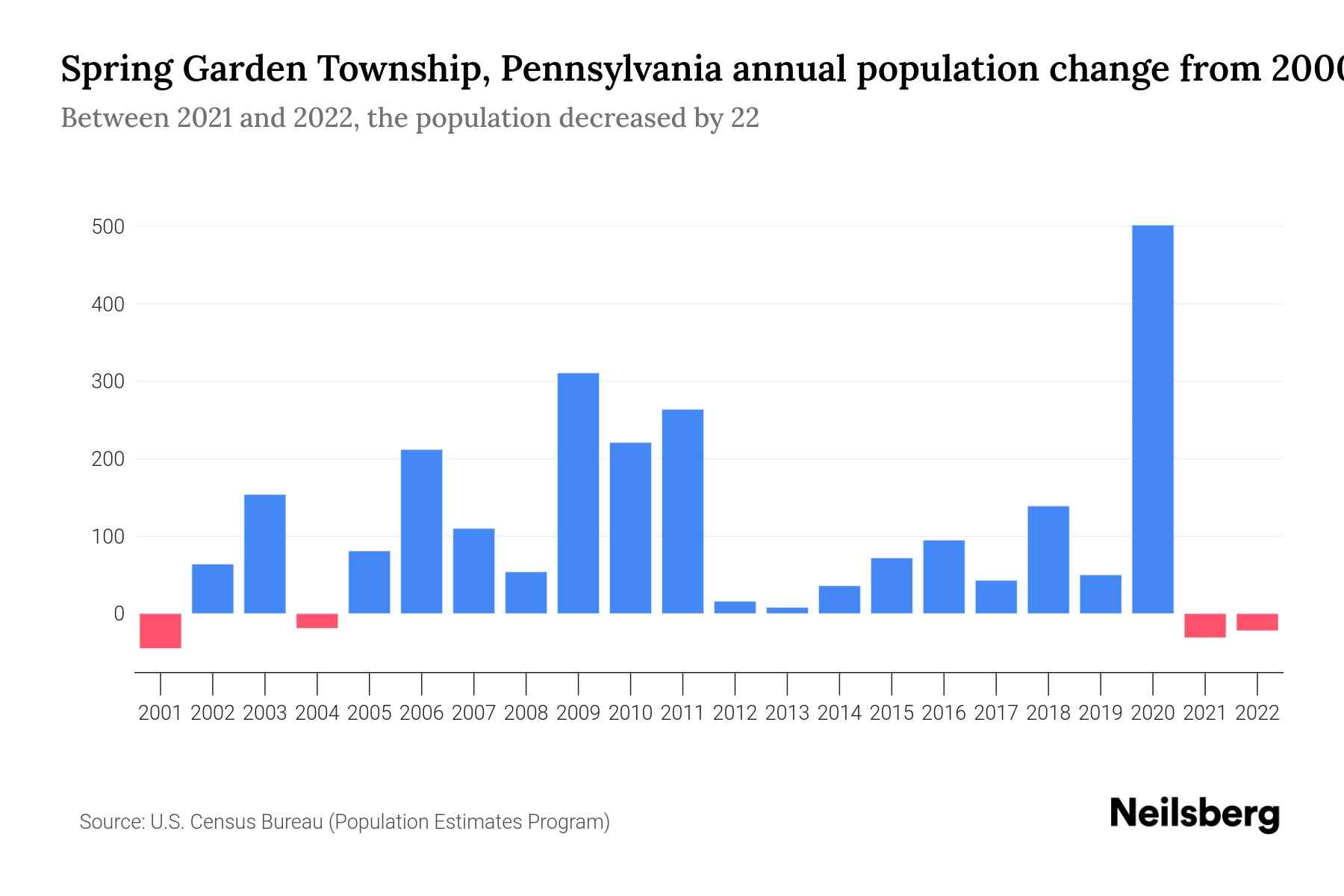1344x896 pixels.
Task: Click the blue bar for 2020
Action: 1152,419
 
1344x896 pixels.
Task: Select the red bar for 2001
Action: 161,630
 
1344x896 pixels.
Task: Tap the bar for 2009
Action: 578,493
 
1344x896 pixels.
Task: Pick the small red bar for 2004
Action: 317,620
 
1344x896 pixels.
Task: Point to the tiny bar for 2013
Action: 787,610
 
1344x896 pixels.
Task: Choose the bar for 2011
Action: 682,511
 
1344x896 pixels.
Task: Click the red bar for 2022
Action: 1257,622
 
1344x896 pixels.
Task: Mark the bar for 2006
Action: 421,531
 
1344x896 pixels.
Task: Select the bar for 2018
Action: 1048,559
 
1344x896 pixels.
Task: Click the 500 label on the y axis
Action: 108,227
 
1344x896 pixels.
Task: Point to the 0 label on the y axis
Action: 119,614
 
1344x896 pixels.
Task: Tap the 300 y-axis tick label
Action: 108,382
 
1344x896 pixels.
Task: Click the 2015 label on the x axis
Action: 892,713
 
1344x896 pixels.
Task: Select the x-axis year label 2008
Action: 526,713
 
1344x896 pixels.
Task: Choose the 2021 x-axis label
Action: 1204,713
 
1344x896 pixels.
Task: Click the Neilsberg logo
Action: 1195,814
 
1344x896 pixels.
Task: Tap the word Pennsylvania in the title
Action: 611,69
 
